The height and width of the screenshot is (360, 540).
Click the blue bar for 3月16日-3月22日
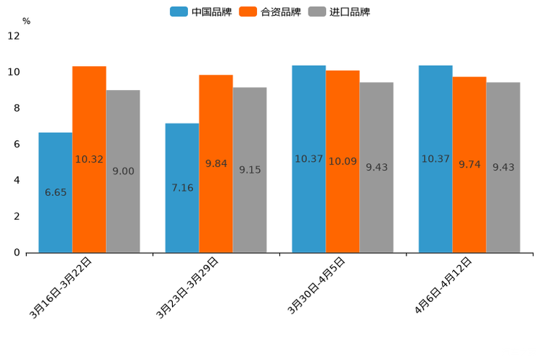click(x=55, y=192)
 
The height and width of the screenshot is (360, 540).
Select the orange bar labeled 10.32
click(x=89, y=159)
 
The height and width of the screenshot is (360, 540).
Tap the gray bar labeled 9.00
click(x=123, y=171)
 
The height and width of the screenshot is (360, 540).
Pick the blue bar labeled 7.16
click(x=182, y=188)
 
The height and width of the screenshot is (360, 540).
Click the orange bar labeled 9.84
click(x=216, y=163)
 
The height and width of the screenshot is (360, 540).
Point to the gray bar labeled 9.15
click(x=250, y=170)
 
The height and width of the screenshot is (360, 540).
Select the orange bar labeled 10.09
click(x=343, y=161)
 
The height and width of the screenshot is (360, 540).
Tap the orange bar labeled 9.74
click(x=470, y=165)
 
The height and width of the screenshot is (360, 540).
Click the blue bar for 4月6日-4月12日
click(x=435, y=159)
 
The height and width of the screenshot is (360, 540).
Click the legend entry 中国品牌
click(x=201, y=12)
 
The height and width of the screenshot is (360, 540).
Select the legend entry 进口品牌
click(x=340, y=12)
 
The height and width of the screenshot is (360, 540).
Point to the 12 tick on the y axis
click(x=14, y=36)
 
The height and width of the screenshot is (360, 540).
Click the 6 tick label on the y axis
click(x=17, y=144)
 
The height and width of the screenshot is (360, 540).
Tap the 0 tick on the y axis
click(x=17, y=253)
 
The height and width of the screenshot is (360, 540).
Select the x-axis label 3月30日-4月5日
click(x=317, y=286)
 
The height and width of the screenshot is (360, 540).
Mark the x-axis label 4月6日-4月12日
click(x=443, y=286)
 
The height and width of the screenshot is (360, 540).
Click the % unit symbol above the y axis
click(x=26, y=21)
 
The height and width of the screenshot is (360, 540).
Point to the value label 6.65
click(x=55, y=192)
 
